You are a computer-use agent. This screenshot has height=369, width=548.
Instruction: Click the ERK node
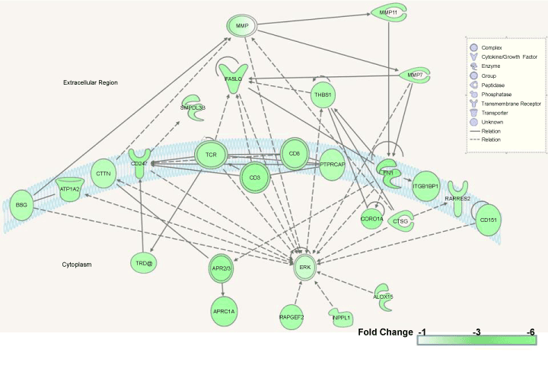[305, 266]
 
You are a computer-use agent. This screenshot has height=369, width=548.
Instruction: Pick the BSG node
[22, 204]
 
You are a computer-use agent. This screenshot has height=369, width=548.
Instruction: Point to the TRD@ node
[145, 264]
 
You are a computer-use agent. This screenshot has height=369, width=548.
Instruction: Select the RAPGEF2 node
[292, 316]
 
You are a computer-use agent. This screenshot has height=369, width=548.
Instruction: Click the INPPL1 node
[340, 316]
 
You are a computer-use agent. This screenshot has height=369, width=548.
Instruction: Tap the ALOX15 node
[384, 296]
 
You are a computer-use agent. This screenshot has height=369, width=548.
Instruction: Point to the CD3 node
[255, 178]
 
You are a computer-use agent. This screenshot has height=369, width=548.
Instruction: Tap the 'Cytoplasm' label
[77, 265]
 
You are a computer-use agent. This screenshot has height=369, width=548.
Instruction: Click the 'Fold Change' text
[383, 332]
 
